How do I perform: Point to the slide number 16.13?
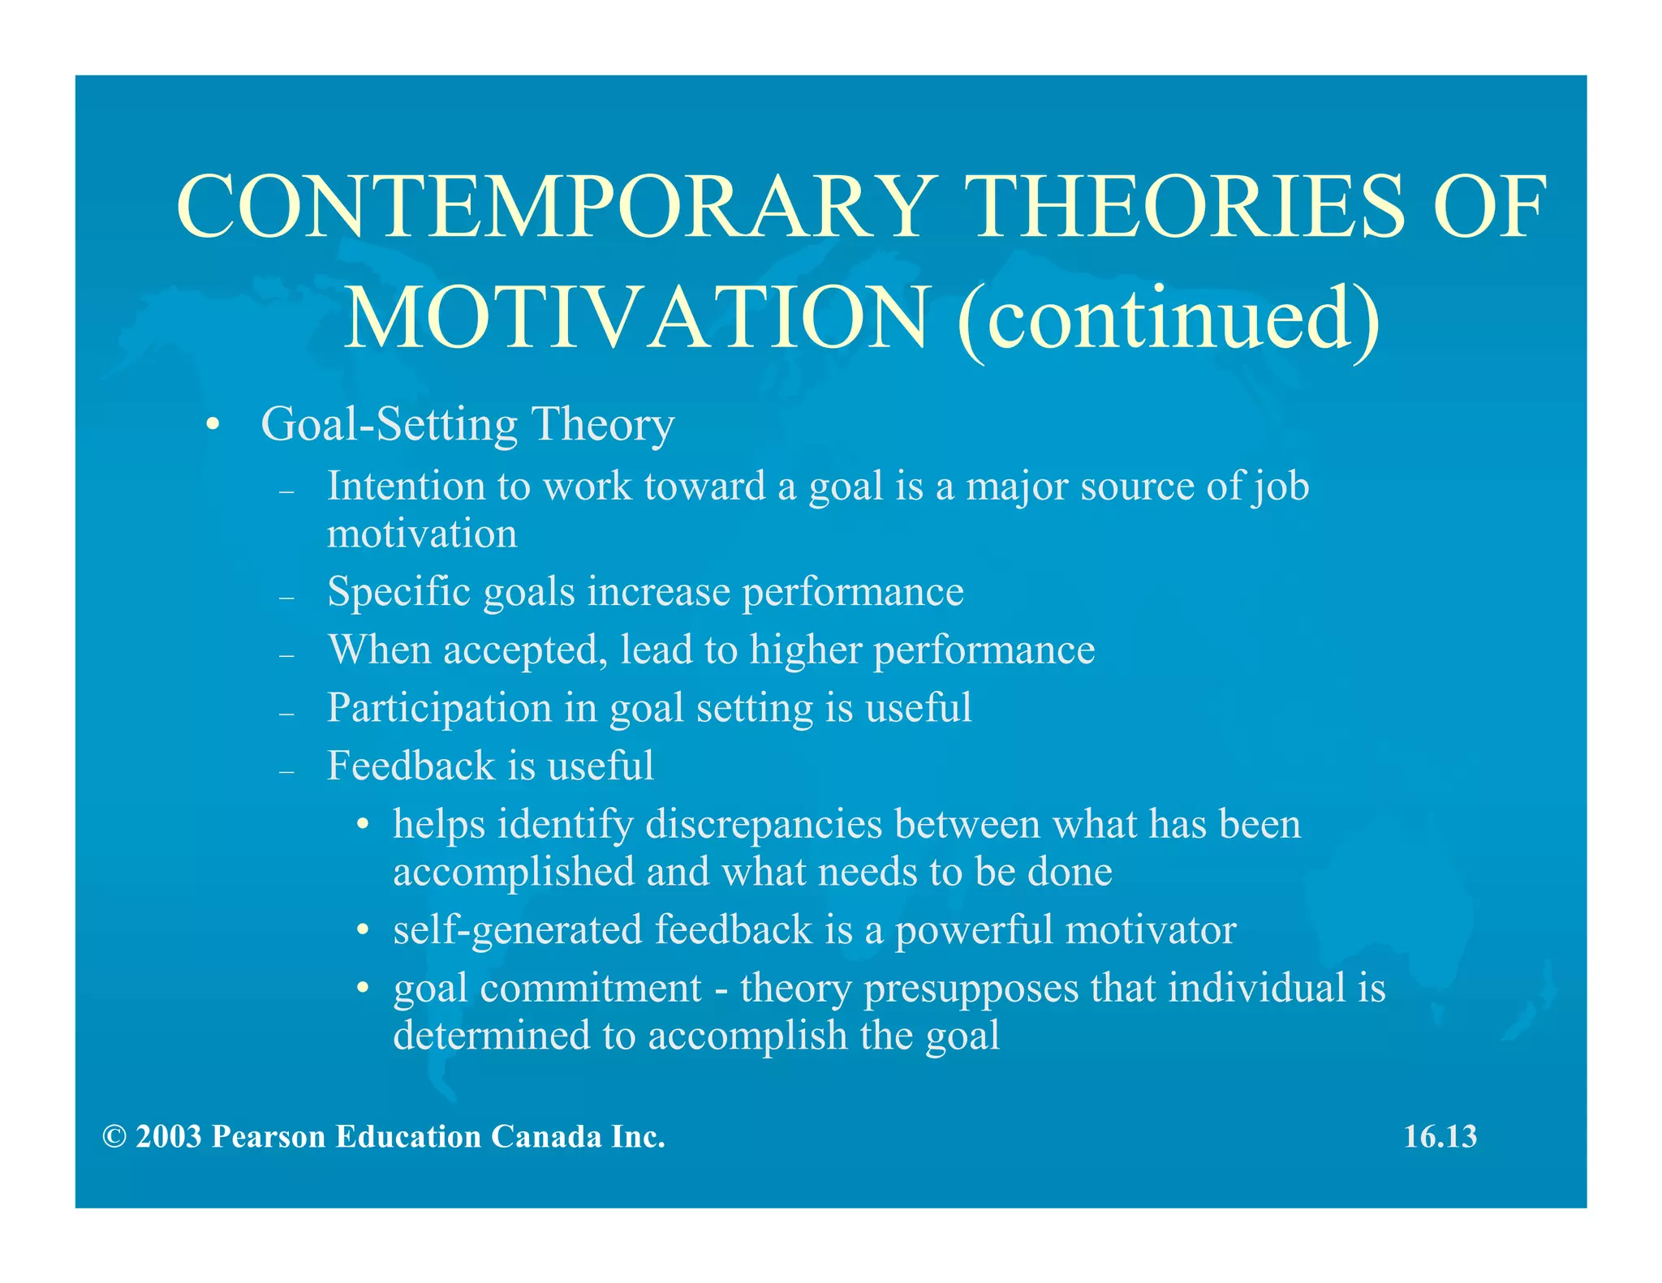pos(1440,1136)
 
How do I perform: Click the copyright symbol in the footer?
pos(114,1137)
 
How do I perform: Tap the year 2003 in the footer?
pos(169,1137)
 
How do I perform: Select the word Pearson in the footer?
pos(269,1137)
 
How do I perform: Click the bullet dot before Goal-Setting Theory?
pos(213,425)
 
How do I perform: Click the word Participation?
pos(439,708)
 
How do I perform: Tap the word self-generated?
pos(517,930)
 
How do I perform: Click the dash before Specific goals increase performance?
pos(286,598)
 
